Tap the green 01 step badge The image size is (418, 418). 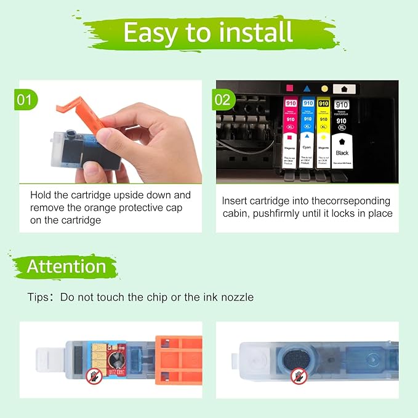pyautogui.click(x=25, y=98)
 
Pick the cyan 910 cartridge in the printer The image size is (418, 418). pyautogui.click(x=307, y=132)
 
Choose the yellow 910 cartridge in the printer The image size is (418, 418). pyautogui.click(x=323, y=132)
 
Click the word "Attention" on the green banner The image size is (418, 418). pyautogui.click(x=66, y=267)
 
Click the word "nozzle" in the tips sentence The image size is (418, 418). pyautogui.click(x=236, y=297)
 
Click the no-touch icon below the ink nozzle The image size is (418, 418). pyautogui.click(x=299, y=374)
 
